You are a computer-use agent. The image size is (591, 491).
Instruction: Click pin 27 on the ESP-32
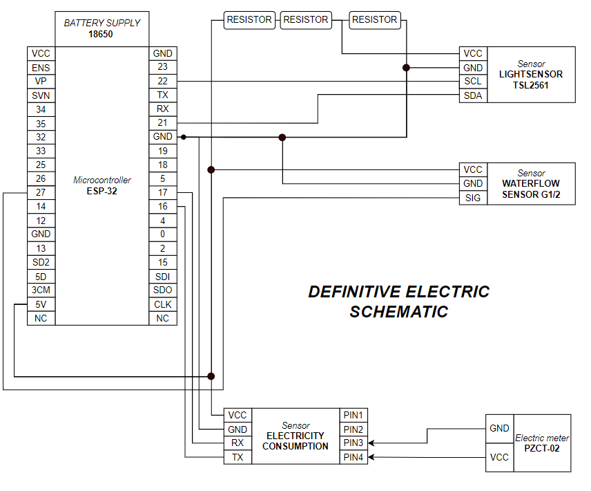(41, 192)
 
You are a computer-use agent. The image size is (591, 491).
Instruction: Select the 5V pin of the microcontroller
(41, 304)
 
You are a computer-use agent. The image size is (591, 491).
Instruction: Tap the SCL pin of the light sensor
(473, 82)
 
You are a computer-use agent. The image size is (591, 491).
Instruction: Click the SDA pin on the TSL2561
(473, 95)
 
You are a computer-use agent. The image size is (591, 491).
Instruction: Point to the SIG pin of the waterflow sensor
(473, 198)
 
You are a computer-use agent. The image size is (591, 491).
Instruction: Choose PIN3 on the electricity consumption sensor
(353, 443)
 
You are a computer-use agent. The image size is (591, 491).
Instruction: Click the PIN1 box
(353, 415)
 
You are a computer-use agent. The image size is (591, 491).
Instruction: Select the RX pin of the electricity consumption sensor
(238, 443)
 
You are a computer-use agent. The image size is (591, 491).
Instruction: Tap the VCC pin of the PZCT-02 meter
(499, 457)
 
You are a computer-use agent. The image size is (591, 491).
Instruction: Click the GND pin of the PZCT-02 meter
(499, 429)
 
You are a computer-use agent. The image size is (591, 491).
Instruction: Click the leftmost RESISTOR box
(249, 20)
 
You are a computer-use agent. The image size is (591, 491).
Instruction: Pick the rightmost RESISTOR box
(374, 20)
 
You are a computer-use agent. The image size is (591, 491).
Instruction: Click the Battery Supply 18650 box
(101, 28)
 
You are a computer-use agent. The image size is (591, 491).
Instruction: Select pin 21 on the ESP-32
(162, 123)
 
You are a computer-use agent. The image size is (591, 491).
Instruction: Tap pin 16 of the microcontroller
(162, 206)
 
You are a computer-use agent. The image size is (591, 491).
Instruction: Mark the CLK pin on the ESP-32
(162, 304)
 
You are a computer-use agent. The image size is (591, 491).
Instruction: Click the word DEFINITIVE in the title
(352, 292)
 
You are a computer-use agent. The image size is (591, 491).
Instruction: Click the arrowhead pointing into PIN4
(371, 457)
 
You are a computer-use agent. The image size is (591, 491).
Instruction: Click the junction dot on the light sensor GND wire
(406, 68)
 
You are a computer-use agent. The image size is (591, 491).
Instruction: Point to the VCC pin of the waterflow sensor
(473, 169)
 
